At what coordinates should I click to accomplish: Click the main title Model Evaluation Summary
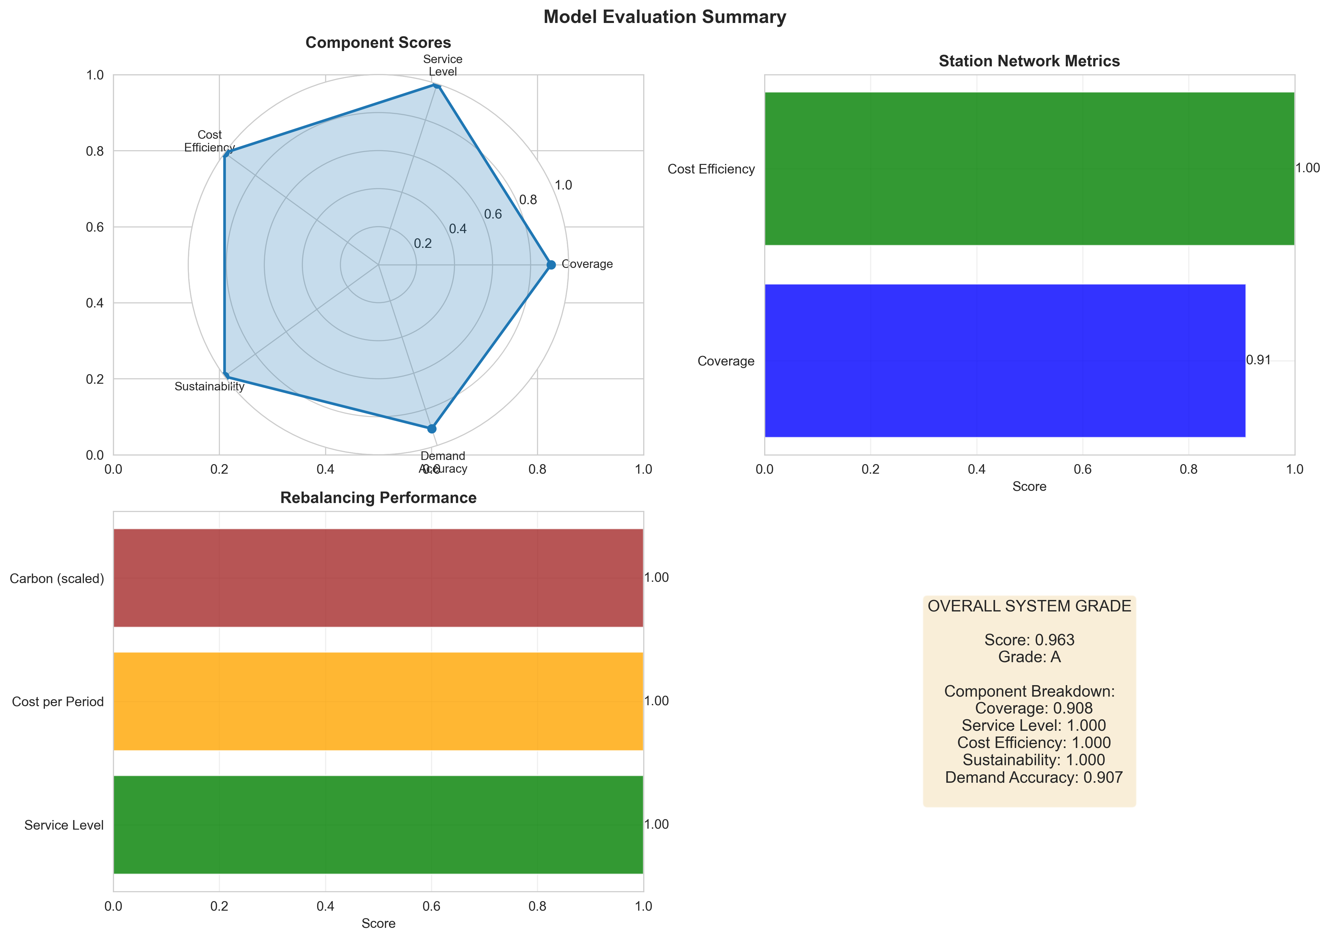[x=664, y=17]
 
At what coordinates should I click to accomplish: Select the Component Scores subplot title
[x=378, y=43]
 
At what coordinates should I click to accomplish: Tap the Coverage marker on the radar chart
[x=551, y=265]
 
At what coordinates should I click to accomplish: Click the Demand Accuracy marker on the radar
[x=431, y=429]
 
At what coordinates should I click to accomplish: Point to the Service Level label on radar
[x=443, y=65]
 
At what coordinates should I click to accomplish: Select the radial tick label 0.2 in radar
[x=423, y=244]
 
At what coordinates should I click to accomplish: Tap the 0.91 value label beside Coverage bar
[x=1258, y=360]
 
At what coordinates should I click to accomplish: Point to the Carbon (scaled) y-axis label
[x=57, y=579]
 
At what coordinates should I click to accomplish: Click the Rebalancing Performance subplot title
[x=378, y=498]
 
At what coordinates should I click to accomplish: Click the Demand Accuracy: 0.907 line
[x=1034, y=777]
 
